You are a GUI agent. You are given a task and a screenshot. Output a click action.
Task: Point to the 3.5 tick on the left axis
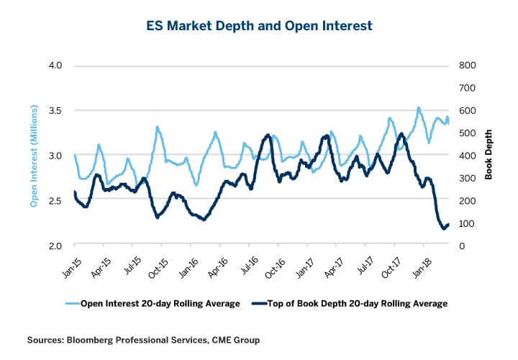55,110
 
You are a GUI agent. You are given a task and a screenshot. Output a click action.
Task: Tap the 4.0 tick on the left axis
55,66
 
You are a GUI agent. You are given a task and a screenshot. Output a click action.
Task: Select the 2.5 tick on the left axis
55,200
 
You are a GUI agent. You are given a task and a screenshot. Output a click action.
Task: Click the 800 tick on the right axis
468,66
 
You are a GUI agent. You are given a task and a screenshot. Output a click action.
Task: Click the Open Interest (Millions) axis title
34,156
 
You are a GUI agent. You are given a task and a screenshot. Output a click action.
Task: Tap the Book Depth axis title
489,156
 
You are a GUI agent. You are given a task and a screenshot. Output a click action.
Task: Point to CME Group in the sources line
234,338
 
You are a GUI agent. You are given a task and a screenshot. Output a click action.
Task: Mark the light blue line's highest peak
418,107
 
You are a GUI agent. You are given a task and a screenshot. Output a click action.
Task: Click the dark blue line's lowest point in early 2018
443,229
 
